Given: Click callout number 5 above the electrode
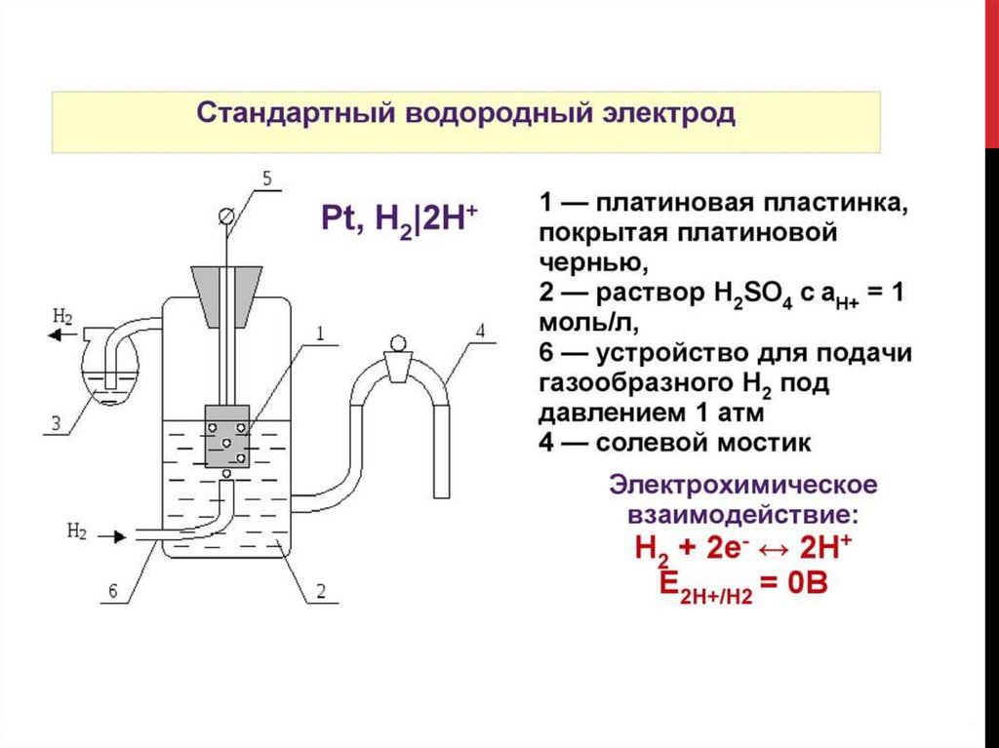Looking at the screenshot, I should (268, 178).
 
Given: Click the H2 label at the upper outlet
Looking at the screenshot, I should (62, 316).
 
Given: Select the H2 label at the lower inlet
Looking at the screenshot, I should (77, 531).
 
